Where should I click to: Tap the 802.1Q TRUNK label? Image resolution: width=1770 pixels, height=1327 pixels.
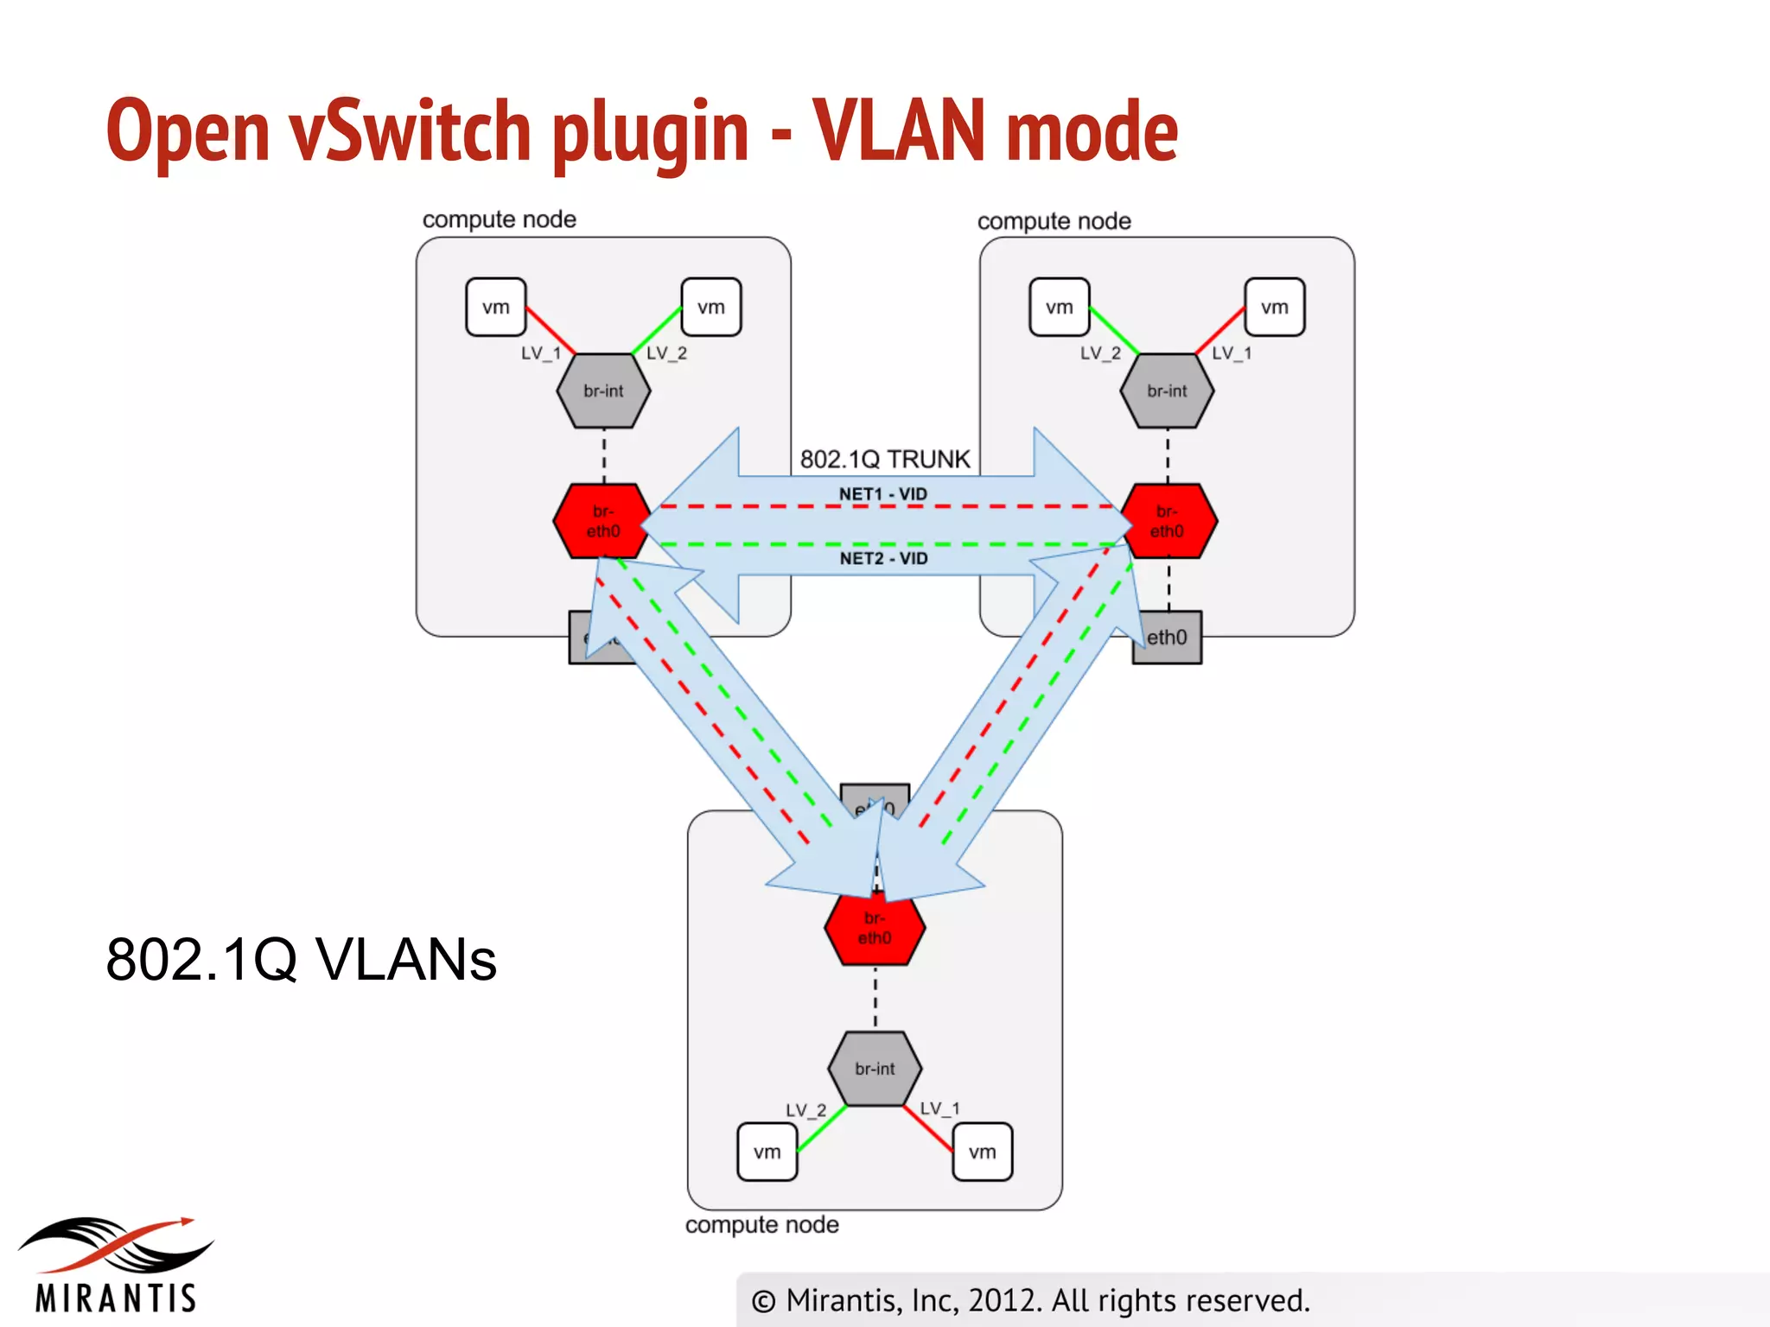885,459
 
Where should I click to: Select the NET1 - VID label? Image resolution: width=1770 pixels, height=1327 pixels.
882,494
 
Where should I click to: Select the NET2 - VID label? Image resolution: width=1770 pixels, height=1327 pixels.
883,558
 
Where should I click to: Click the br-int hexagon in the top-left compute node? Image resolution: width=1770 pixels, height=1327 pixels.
603,390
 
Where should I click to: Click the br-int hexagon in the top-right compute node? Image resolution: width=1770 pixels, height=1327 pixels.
1167,390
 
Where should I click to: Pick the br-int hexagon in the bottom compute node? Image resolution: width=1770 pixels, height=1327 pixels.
875,1069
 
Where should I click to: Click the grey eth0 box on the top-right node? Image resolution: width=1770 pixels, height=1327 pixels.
1168,638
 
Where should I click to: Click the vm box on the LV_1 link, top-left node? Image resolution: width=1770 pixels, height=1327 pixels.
495,307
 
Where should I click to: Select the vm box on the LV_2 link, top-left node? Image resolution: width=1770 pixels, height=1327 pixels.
710,307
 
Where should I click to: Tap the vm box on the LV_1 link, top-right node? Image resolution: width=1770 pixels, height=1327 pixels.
1274,307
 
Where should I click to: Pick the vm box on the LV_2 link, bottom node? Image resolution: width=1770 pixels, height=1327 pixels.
767,1152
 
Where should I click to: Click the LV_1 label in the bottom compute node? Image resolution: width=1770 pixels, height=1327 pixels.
939,1108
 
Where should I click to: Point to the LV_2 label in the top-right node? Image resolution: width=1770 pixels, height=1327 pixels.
1100,353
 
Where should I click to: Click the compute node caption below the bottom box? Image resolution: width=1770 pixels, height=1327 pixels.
761,1225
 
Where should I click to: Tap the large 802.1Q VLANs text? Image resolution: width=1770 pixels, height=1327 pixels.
301,959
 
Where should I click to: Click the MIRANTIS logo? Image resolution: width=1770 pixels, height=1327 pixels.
116,1266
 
